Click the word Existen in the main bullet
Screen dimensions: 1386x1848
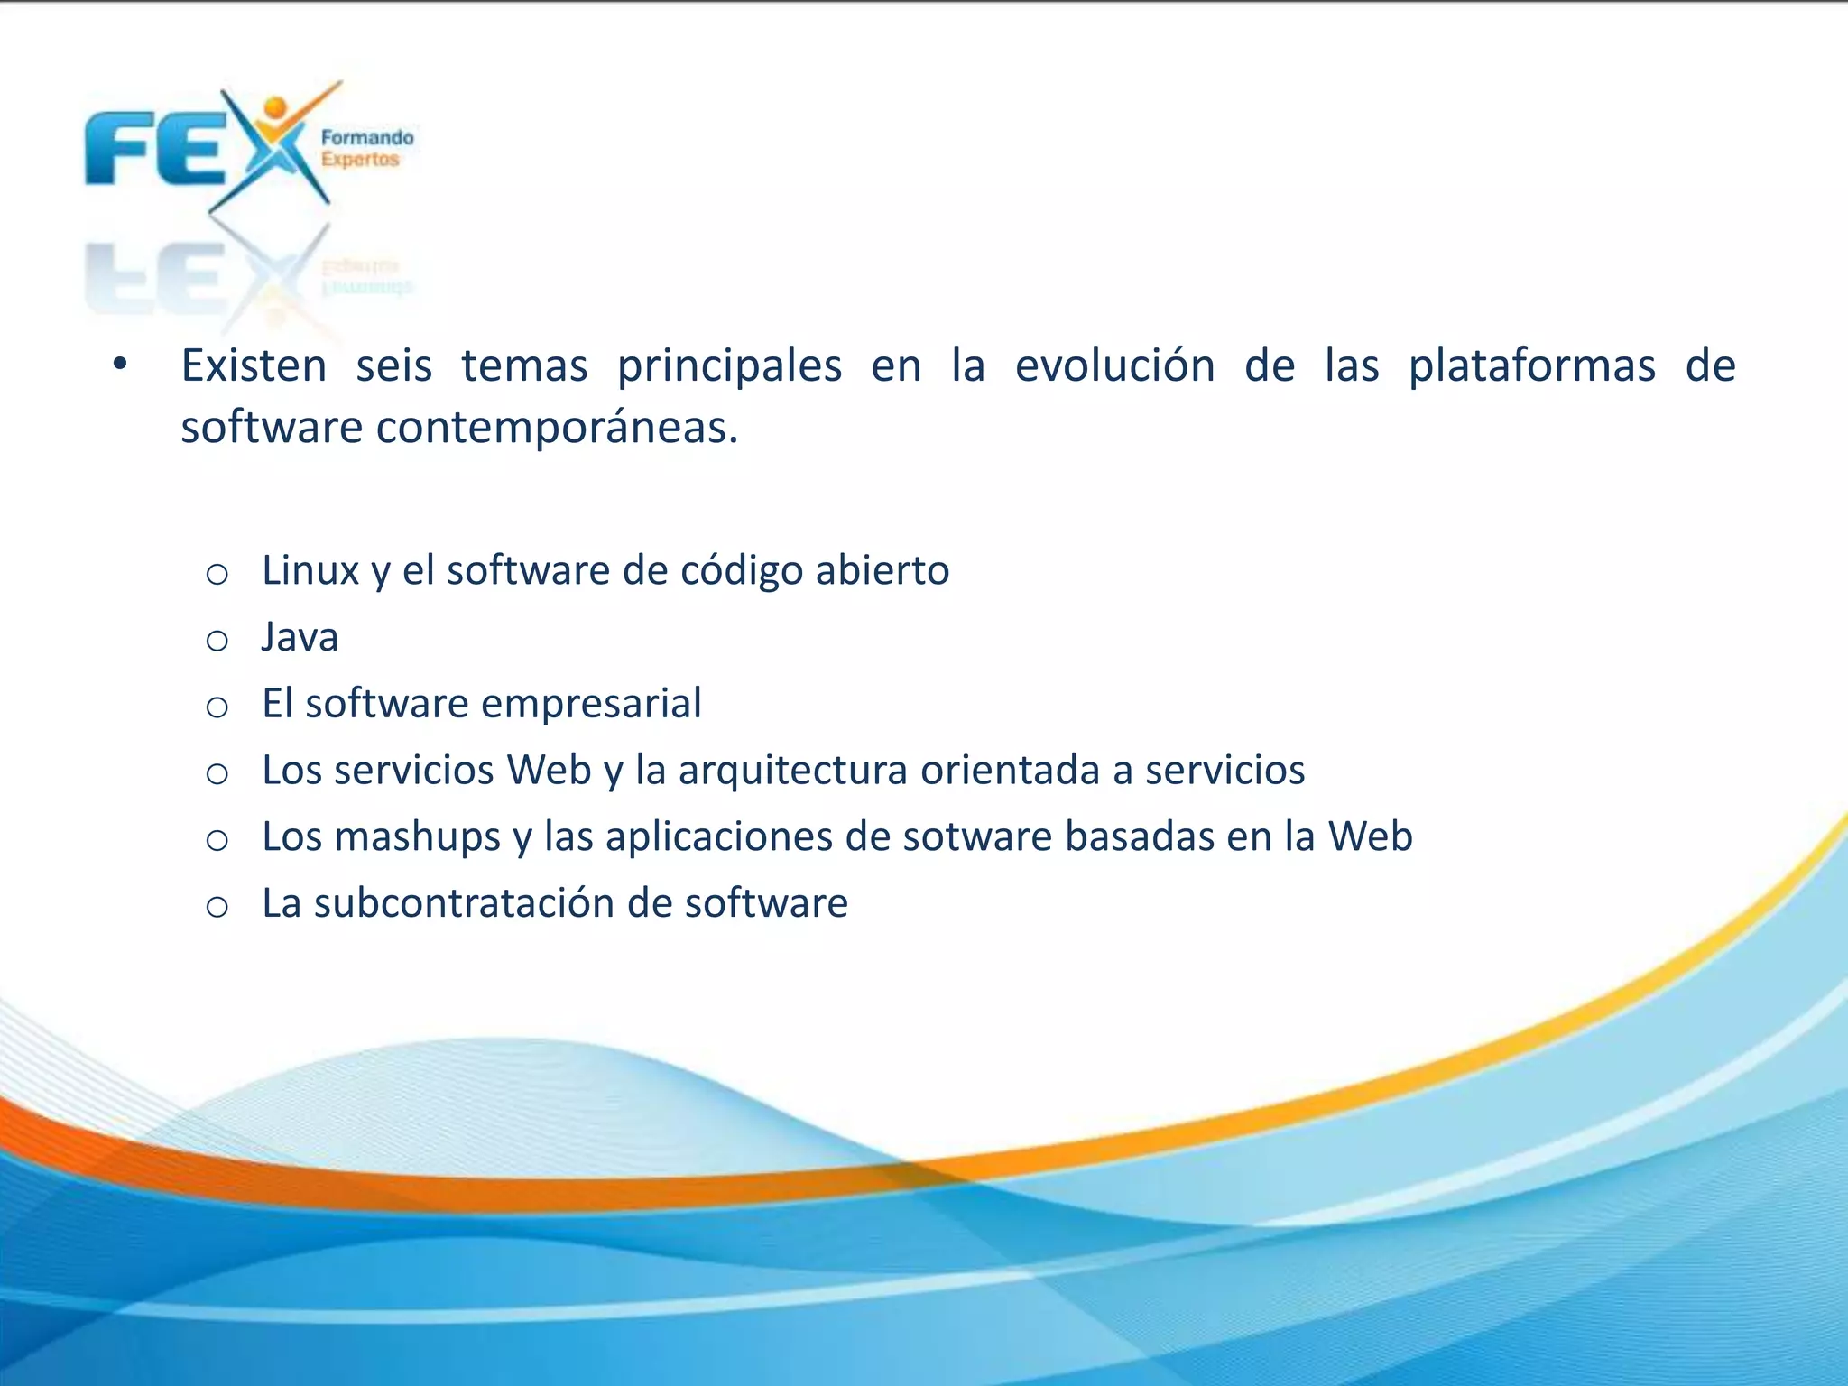pyautogui.click(x=254, y=366)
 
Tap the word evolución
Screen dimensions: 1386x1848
pyautogui.click(x=1114, y=366)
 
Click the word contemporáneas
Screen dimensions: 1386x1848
pyautogui.click(x=557, y=428)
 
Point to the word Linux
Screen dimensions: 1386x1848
pyautogui.click(x=310, y=570)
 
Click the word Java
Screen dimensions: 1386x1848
pyautogui.click(x=300, y=637)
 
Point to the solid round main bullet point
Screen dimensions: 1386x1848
pyautogui.click(x=120, y=365)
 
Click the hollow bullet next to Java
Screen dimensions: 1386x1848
pyautogui.click(x=217, y=642)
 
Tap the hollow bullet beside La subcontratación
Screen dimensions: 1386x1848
pyautogui.click(x=217, y=907)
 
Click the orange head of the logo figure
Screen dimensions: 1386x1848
pyautogui.click(x=274, y=106)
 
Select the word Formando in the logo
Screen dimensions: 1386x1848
pyautogui.click(x=367, y=138)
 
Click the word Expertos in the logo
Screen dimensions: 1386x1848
pyautogui.click(x=360, y=160)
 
